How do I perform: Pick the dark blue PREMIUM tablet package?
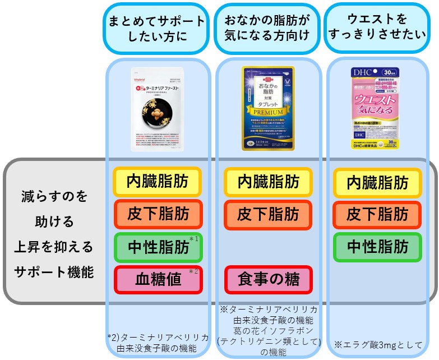(268, 108)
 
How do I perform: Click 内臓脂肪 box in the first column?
(157, 181)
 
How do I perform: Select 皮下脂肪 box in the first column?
(157, 214)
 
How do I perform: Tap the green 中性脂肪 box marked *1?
(157, 246)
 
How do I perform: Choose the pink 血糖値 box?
(158, 279)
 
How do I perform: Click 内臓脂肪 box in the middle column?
(268, 182)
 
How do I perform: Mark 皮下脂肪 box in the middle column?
(268, 214)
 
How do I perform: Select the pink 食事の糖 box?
(268, 279)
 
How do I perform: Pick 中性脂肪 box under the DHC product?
(377, 247)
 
